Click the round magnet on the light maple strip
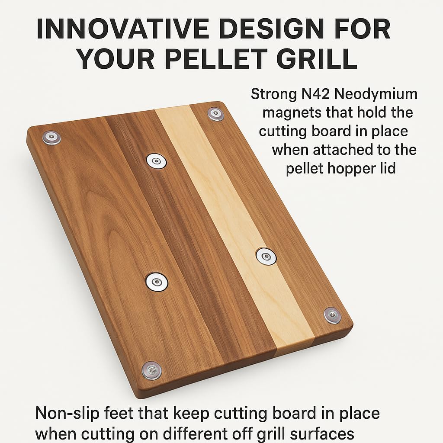266,256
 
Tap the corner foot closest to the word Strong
215,114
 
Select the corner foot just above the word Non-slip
152,370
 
